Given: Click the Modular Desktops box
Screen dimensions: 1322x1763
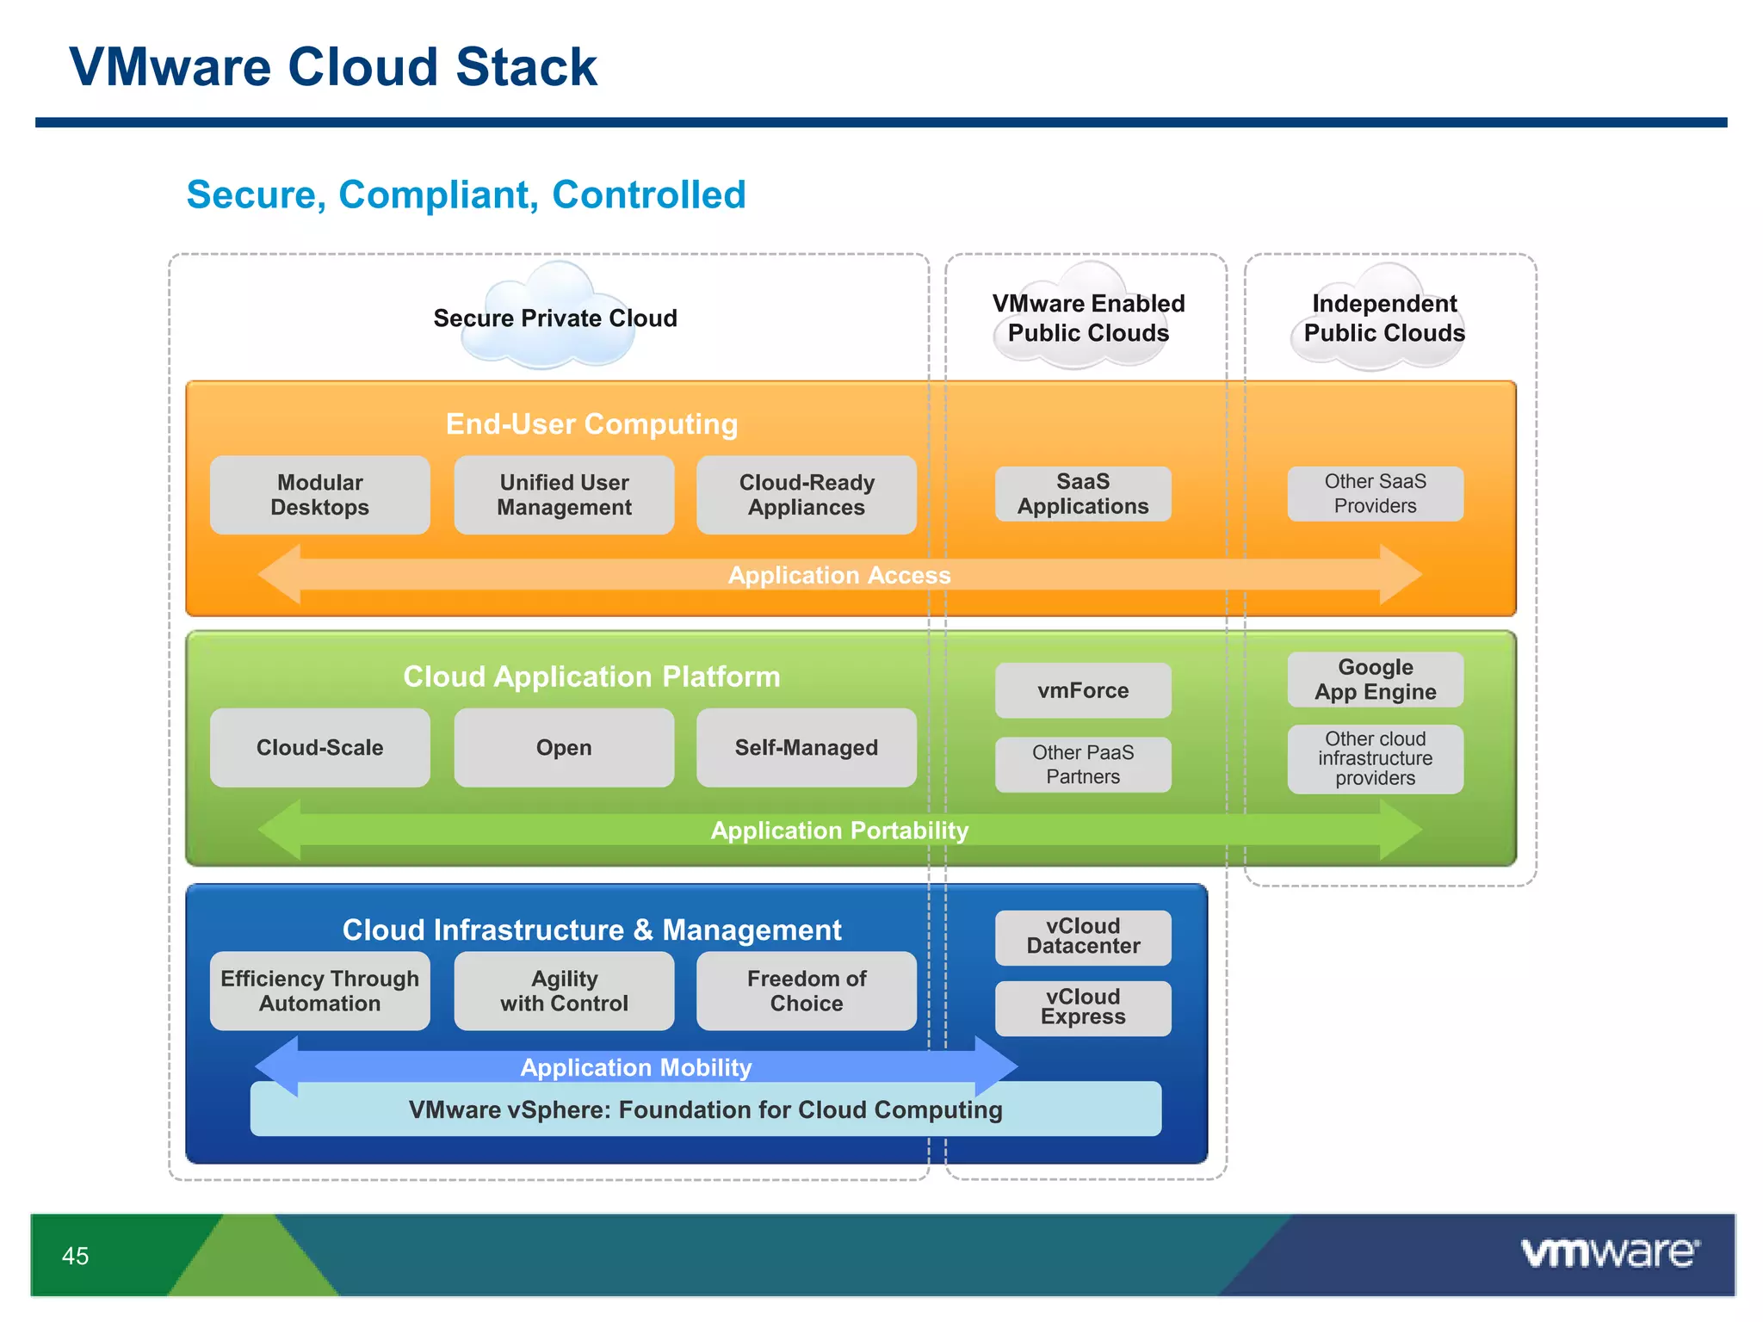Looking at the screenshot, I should point(319,495).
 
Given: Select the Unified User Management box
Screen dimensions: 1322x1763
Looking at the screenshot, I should point(564,495).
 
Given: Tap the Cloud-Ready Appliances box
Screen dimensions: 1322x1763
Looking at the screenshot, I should point(807,495).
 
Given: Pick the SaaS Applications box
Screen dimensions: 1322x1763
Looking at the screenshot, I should point(1083,494).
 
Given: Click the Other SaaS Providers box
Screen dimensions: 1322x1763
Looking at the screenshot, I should point(1375,494).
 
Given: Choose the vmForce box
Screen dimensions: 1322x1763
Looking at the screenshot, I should point(1083,690).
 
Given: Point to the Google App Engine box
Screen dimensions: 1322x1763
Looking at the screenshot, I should point(1375,680).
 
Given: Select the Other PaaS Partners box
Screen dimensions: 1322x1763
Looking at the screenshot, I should point(1083,764).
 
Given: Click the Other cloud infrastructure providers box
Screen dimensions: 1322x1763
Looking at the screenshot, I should point(1375,758).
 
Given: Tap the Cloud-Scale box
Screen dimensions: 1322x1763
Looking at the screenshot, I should point(319,747).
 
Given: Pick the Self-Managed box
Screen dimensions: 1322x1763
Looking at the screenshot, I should point(807,747).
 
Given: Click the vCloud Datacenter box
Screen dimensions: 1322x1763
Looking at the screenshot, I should point(1083,936).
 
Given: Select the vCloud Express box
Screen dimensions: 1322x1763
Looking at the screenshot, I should point(1083,1007).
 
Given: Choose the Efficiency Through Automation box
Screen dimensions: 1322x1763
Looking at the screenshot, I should point(319,991).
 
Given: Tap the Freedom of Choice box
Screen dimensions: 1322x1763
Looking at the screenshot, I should point(807,991).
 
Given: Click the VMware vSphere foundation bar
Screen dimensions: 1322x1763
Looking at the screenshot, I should point(705,1110).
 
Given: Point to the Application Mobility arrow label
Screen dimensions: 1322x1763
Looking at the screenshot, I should point(636,1067).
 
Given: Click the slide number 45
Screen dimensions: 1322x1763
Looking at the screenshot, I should point(76,1256).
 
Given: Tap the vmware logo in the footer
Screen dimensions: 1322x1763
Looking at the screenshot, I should point(1610,1253).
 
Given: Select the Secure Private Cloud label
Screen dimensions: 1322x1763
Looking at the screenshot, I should point(555,318).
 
